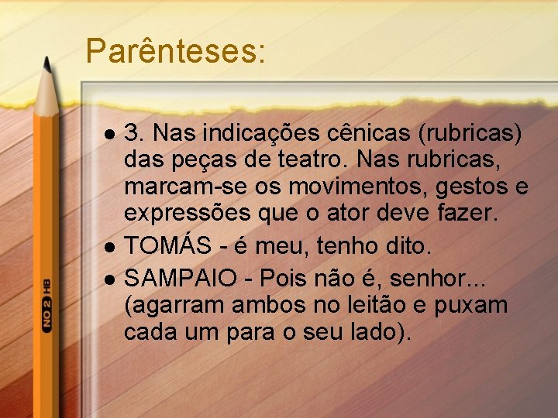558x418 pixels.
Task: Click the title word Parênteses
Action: coord(175,51)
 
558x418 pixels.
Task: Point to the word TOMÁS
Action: coord(168,246)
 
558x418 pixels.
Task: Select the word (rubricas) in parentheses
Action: coord(470,133)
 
